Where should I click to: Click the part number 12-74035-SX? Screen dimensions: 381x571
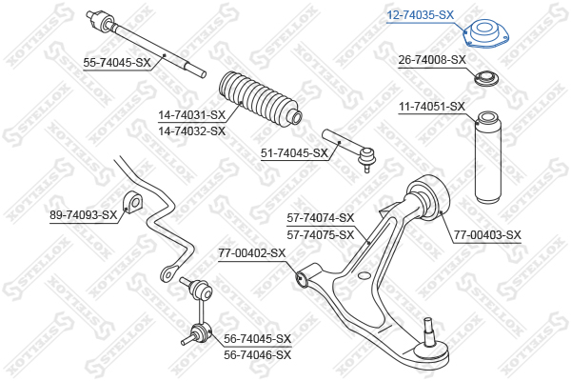click(x=420, y=15)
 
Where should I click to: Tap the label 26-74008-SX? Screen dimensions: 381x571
click(x=431, y=60)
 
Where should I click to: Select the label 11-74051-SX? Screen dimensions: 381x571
click(x=431, y=107)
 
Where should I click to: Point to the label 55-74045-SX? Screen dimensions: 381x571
click(x=117, y=63)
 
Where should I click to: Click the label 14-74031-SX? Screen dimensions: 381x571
click(x=191, y=116)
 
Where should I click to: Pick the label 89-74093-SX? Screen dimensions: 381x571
click(x=84, y=215)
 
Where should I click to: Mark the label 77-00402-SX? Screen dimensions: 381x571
click(x=251, y=253)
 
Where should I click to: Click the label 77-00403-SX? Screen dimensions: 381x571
click(x=487, y=234)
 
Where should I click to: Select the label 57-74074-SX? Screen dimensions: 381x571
click(x=321, y=218)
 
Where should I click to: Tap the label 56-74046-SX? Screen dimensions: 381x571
click(x=257, y=353)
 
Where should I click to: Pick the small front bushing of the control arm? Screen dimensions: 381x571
click(x=301, y=278)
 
